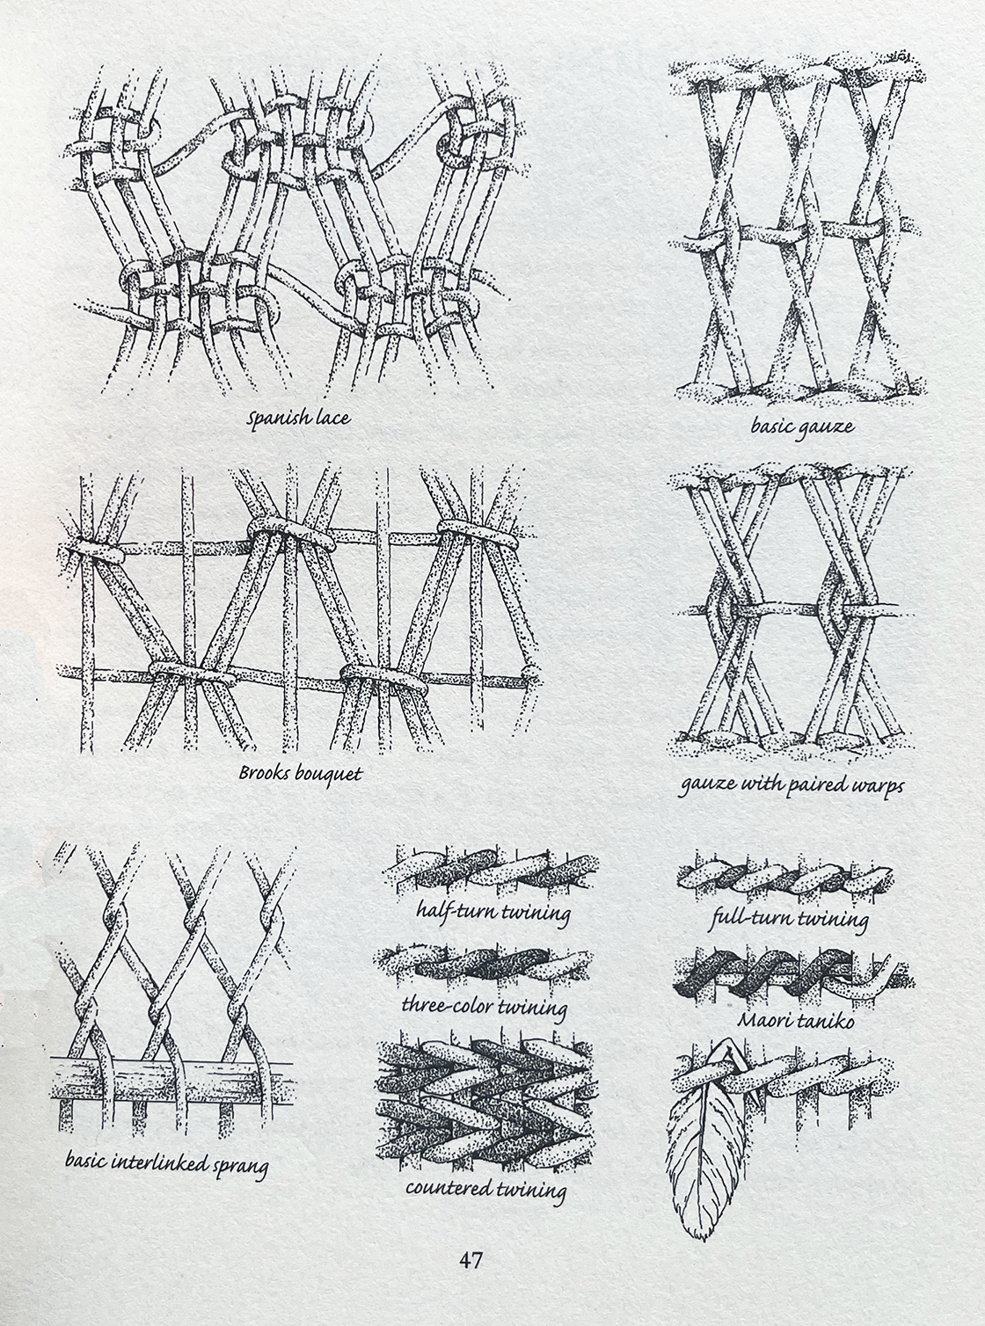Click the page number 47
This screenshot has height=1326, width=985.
(471, 1260)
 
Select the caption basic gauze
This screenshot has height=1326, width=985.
(802, 426)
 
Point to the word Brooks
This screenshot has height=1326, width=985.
(266, 773)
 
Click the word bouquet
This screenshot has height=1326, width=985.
(332, 775)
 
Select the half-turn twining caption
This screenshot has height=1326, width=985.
(493, 913)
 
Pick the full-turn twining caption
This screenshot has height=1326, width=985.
(789, 918)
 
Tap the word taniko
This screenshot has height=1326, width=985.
(826, 1020)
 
